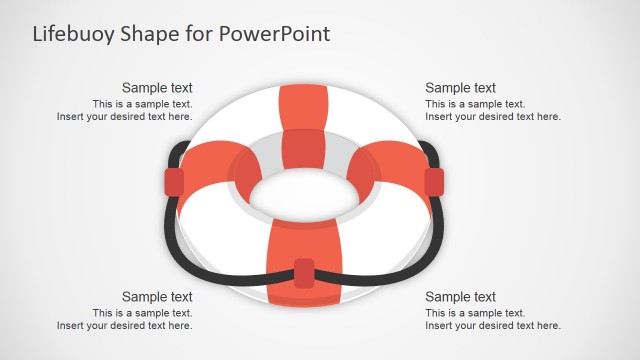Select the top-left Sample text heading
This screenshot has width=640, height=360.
pyautogui.click(x=157, y=88)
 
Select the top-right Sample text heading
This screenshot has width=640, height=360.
pyautogui.click(x=460, y=88)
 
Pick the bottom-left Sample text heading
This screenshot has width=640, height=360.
pyautogui.click(x=157, y=297)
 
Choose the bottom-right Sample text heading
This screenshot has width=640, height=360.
pyautogui.click(x=460, y=297)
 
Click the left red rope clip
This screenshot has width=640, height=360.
pyautogui.click(x=174, y=182)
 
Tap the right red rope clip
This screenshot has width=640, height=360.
pyautogui.click(x=434, y=182)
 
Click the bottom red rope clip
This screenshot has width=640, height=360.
pyautogui.click(x=304, y=273)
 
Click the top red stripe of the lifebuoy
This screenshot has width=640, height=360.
pyautogui.click(x=303, y=110)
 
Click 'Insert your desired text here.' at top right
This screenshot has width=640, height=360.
pyautogui.click(x=492, y=117)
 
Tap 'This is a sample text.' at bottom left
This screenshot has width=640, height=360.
pyautogui.click(x=142, y=313)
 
